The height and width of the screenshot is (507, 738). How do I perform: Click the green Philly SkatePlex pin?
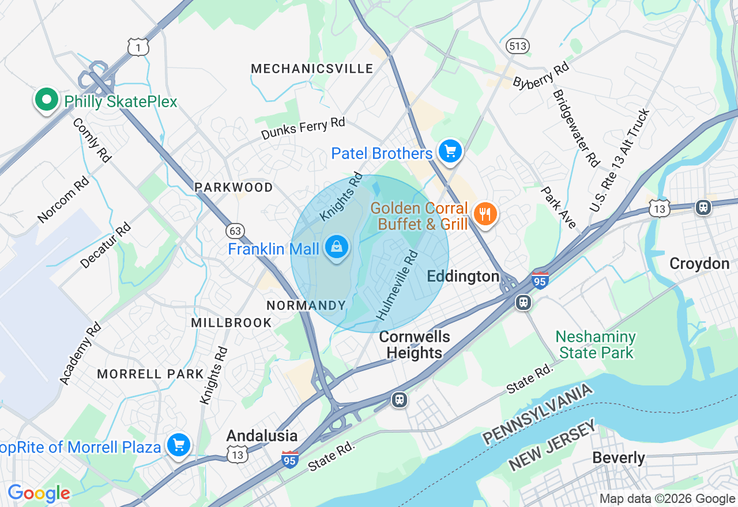(x=47, y=100)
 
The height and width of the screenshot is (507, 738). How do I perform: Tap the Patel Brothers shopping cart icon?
(x=450, y=152)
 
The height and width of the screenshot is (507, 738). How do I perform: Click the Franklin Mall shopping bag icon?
(x=337, y=248)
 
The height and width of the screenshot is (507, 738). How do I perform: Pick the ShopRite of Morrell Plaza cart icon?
(x=179, y=445)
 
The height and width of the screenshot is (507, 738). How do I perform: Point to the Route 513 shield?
(x=518, y=46)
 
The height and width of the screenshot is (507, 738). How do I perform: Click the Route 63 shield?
(x=235, y=231)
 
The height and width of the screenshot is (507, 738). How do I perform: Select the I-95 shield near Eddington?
(x=540, y=280)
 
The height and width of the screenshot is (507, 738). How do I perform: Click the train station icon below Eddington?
(x=524, y=302)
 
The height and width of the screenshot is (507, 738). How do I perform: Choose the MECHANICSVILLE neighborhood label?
(x=312, y=69)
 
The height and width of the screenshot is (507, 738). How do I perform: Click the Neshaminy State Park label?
(x=596, y=345)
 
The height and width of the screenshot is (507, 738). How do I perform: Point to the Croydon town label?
(x=699, y=264)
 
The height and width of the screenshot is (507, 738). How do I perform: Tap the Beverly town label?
(x=619, y=458)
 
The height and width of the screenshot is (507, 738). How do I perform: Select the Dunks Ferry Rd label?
(x=303, y=128)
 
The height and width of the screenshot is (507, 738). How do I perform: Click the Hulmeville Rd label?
(x=397, y=285)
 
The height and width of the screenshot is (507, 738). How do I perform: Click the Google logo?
(x=39, y=494)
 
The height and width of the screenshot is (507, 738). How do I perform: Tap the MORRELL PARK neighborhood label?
(x=150, y=374)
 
